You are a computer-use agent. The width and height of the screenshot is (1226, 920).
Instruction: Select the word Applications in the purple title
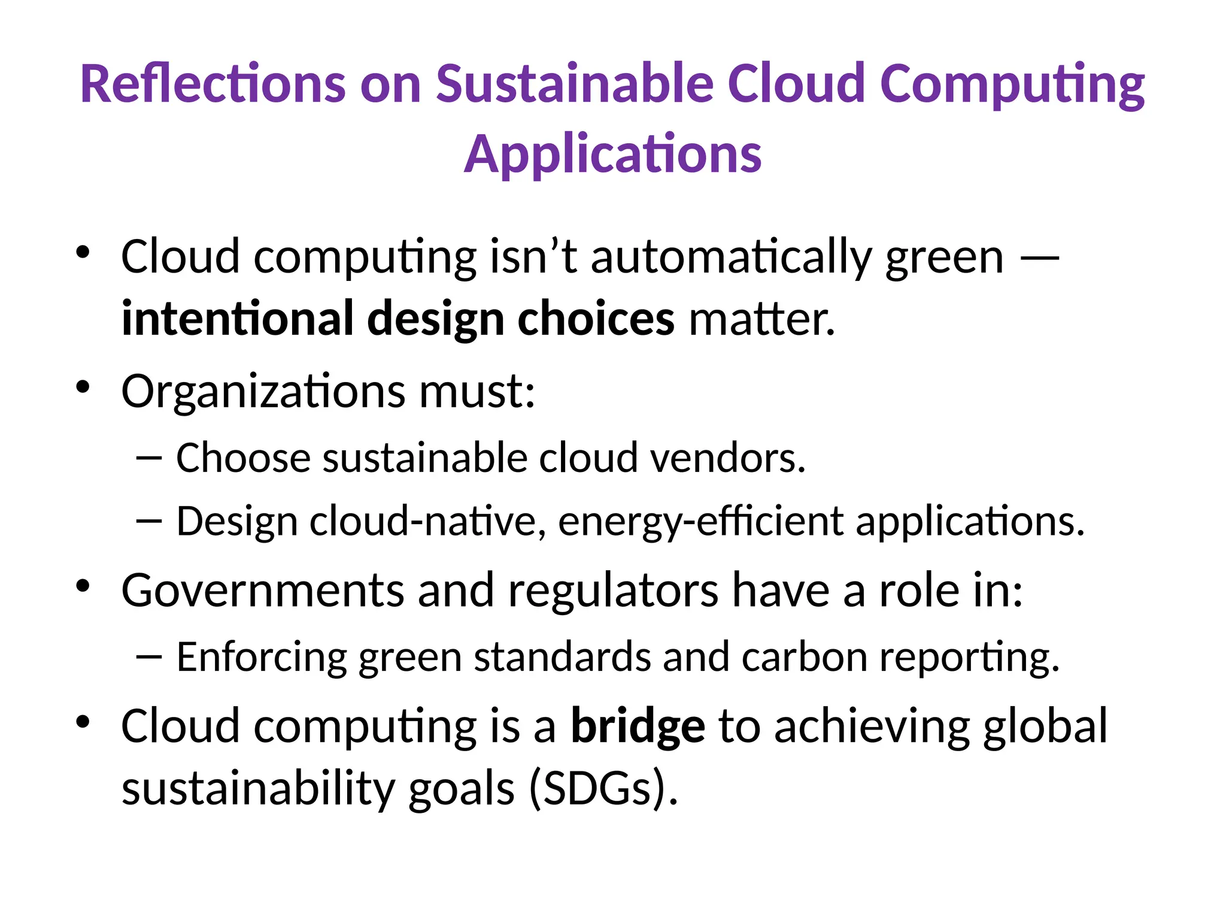612,155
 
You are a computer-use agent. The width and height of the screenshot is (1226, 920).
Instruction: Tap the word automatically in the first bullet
731,258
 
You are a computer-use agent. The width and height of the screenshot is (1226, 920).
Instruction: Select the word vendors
728,458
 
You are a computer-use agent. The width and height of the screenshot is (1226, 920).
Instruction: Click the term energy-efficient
700,521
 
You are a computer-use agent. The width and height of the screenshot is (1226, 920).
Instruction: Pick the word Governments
263,591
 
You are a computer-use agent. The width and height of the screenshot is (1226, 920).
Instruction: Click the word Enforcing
262,657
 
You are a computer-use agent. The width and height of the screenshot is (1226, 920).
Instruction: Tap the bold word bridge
638,727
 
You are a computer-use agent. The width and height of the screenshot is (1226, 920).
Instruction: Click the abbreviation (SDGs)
603,788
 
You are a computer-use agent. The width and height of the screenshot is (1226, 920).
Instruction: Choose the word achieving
872,727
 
